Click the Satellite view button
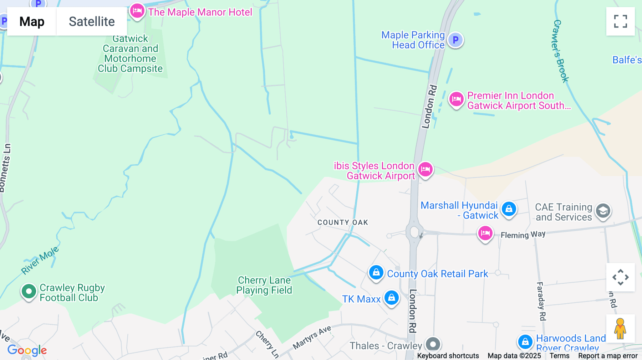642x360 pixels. coord(92,21)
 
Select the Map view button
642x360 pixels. coord(32,21)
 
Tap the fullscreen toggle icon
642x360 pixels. coord(620,21)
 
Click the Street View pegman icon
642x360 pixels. coord(620,328)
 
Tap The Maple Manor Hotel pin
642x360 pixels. coord(137,11)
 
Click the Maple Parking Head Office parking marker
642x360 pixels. coord(455,40)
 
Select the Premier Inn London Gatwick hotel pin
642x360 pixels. coord(456,99)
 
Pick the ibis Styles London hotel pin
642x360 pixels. coord(426,169)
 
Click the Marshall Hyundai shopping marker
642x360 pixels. coord(509,209)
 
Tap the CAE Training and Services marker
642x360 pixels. coord(603,211)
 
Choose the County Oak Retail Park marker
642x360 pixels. coord(376,273)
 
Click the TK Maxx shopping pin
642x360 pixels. coord(391,297)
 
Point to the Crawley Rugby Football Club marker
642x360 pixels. coord(29,292)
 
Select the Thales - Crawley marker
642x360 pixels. coord(433,345)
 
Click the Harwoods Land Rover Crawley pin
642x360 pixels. coord(525,342)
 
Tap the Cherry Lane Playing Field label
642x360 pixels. coord(264,285)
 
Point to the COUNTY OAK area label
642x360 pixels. coord(342,222)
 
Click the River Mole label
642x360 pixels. coord(40,261)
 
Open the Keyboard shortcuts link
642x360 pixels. coord(448,356)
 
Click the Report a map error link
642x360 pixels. coord(608,356)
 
